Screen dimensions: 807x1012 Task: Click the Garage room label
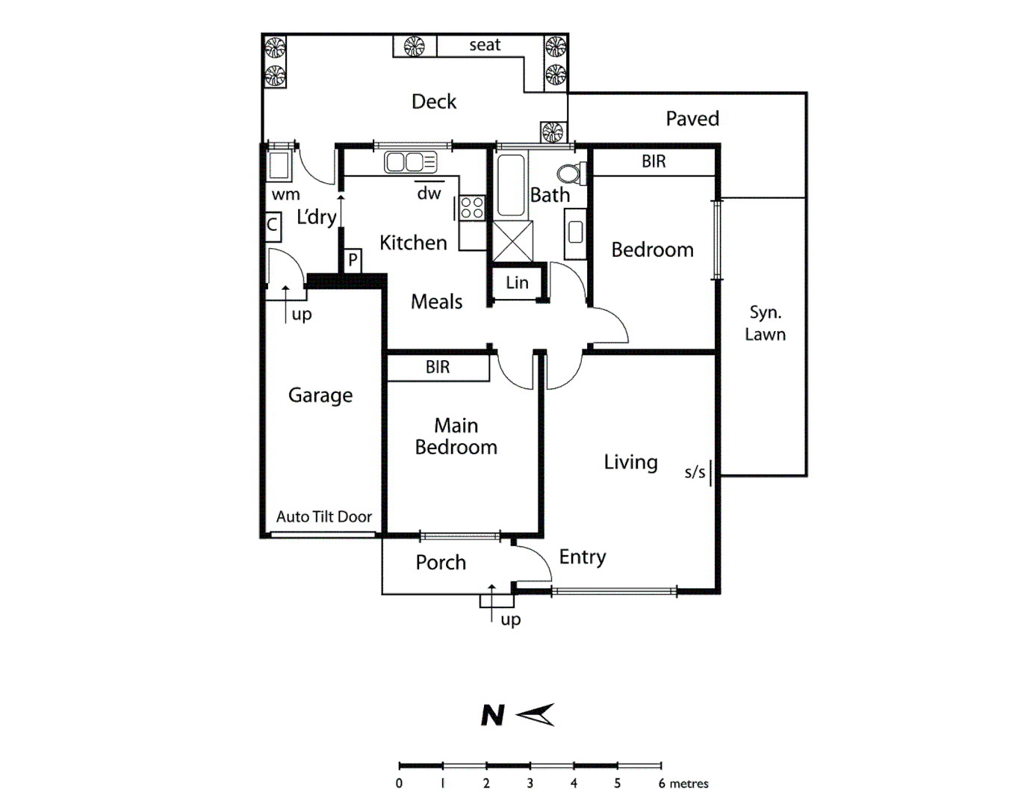[320, 395]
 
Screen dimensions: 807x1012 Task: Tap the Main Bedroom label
[456, 436]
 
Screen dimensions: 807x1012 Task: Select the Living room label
[630, 463]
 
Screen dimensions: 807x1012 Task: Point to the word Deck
[434, 102]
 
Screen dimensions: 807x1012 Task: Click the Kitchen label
[413, 243]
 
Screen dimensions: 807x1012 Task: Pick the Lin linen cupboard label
[517, 283]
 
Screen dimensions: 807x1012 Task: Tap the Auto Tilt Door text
[323, 516]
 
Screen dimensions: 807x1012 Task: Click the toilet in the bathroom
[572, 173]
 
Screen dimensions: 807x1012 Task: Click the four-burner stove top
[472, 208]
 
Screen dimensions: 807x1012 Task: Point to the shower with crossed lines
[512, 241]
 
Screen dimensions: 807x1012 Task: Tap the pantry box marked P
[353, 260]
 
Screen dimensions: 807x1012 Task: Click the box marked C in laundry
[273, 225]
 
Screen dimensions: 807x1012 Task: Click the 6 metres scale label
[683, 784]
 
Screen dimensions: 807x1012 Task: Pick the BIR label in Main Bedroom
[438, 367]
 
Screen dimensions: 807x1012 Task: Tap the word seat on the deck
[485, 45]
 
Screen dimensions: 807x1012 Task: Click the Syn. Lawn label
[765, 324]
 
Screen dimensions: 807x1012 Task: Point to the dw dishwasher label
[429, 194]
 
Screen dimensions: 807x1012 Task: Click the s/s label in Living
[695, 472]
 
